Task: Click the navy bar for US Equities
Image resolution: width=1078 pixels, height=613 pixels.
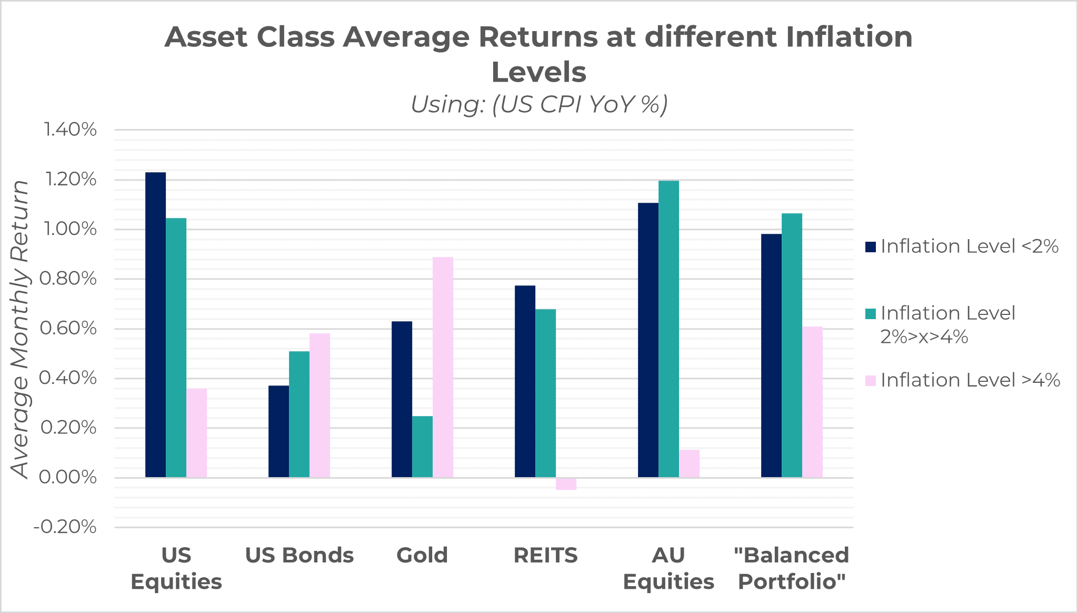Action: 155,325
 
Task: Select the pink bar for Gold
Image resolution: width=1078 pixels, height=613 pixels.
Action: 443,367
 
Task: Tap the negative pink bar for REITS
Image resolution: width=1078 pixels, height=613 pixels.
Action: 566,484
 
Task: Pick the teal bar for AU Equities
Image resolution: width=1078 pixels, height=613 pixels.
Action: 668,329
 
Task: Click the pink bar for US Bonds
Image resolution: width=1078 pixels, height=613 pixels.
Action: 320,406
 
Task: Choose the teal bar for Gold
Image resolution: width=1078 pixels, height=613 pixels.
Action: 422,447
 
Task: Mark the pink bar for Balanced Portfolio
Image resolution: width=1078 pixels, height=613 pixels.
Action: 812,402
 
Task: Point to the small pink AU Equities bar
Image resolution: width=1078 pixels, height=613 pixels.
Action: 689,463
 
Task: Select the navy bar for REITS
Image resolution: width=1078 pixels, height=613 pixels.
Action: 525,381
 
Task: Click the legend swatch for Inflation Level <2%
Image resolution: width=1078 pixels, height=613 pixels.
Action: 870,246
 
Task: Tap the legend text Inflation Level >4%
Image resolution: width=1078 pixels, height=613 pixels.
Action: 970,380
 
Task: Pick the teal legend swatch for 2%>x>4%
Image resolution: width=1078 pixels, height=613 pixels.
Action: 870,314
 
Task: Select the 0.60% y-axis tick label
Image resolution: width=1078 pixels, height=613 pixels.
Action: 68,329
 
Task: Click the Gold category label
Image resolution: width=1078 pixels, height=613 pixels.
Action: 422,556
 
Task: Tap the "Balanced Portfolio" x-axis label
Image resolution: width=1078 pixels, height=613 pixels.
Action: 792,568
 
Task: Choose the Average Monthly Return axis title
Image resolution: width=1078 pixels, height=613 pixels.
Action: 20,329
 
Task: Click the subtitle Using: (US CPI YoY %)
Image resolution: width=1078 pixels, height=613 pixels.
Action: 539,104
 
